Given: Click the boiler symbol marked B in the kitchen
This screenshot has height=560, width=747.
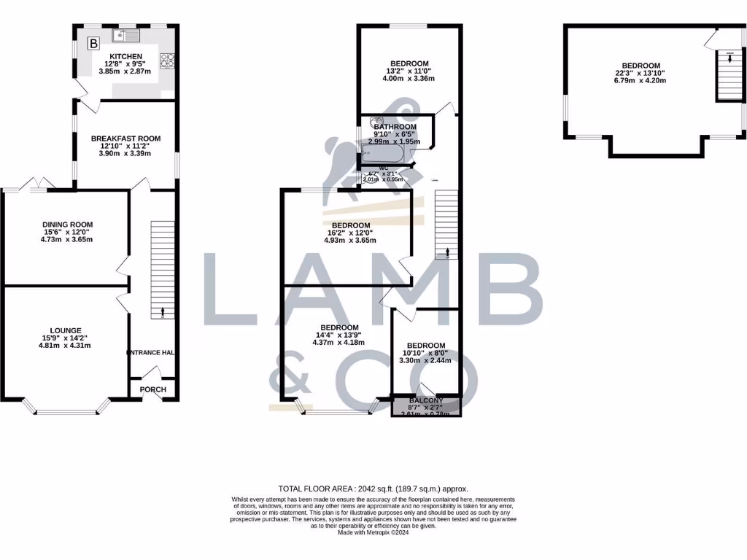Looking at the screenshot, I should coord(93,44).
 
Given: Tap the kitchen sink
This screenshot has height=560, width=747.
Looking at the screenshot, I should coord(124,34).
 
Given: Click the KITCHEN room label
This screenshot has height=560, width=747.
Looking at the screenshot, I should coord(126,56).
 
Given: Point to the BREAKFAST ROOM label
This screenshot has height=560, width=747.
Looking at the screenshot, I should coord(125,139).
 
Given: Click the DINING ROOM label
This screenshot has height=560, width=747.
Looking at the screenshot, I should coord(67,225).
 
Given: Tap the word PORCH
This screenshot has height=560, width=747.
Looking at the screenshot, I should coord(153,389).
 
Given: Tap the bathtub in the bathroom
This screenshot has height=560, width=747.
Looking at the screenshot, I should coord(387,154).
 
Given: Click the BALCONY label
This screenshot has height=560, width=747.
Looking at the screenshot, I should coord(427,401).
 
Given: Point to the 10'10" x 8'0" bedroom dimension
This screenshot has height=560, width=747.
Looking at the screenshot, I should coord(426,353).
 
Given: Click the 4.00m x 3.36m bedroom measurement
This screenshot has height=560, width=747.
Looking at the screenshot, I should coord(409,79).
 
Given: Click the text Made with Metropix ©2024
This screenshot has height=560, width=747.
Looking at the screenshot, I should coord(373,532).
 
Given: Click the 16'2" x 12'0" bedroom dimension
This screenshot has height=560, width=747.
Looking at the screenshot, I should coord(350,233).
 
